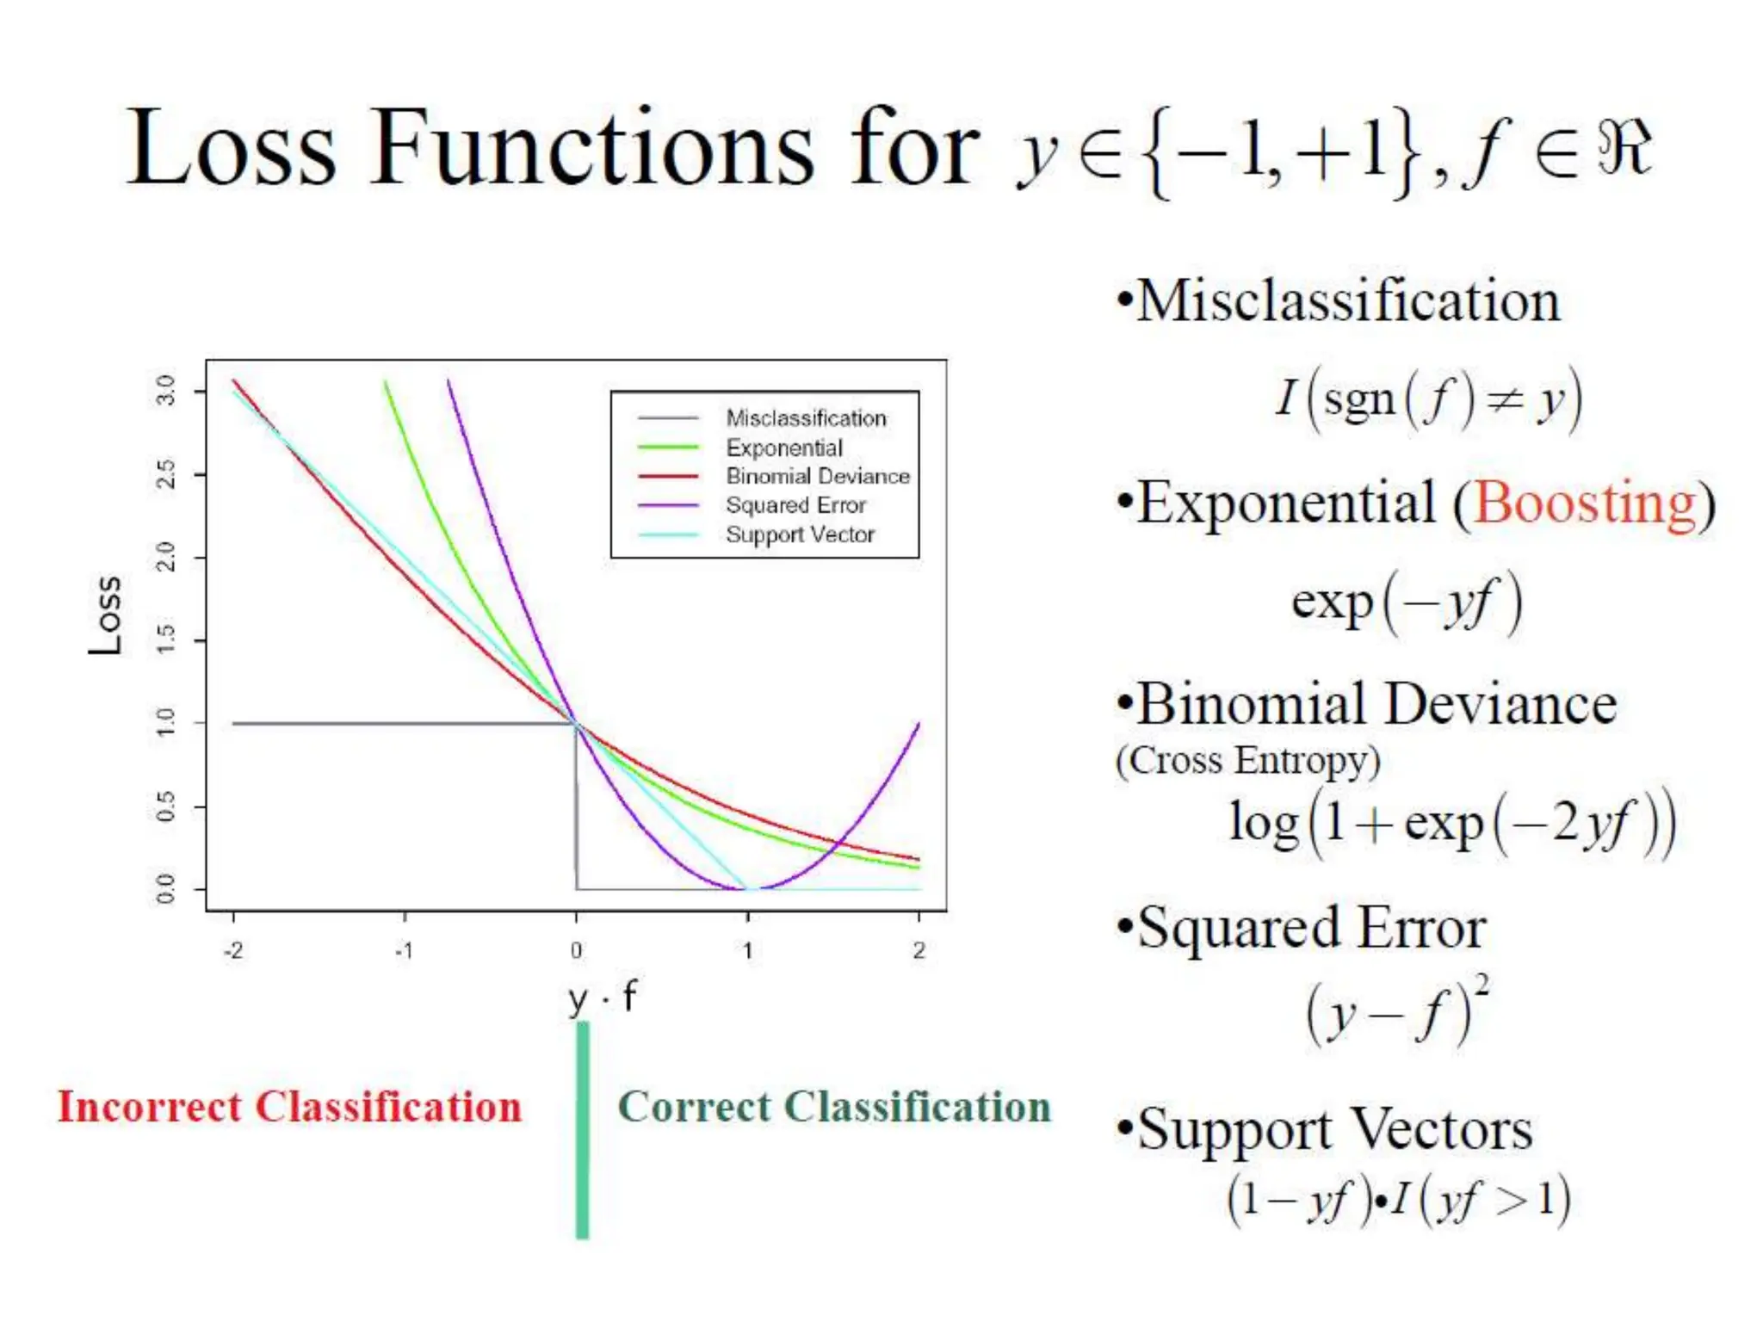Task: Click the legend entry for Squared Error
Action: coord(795,505)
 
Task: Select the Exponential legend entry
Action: coord(784,448)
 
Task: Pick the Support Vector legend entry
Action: coord(800,534)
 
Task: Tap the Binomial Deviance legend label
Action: coord(817,476)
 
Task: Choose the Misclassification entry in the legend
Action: coord(806,418)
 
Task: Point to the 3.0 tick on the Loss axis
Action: coord(166,391)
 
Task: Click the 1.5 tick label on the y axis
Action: coord(166,639)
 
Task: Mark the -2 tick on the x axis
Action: coord(233,950)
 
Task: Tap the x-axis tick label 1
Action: coord(748,950)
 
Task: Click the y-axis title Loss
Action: coord(106,615)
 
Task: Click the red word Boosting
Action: coord(1585,503)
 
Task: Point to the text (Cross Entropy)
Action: coord(1247,761)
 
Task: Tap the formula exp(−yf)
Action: coord(1407,602)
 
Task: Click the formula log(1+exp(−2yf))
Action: coord(1452,823)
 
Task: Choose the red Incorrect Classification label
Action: coord(290,1107)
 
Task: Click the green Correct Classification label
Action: coord(834,1107)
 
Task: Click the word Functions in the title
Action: coord(592,148)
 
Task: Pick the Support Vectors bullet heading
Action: coord(1334,1129)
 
